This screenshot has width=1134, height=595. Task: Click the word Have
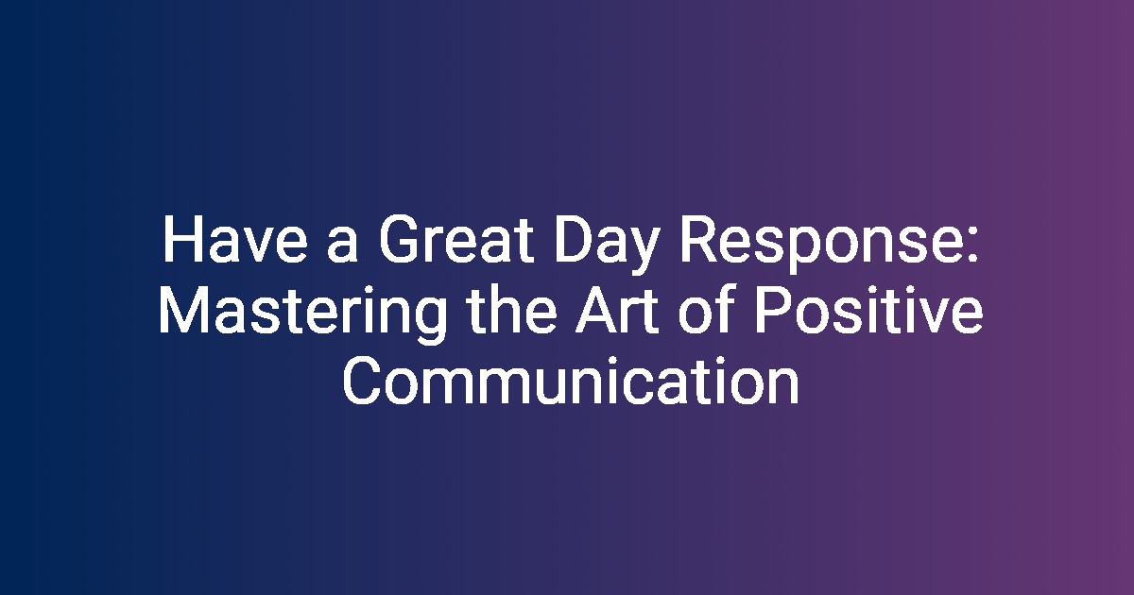point(235,239)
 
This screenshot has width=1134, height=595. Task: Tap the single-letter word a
point(343,246)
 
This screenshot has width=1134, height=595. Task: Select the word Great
point(456,239)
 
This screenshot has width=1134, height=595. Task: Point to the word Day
point(607,246)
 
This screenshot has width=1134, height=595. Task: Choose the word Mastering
point(302,315)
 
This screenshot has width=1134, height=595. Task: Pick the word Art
point(617,310)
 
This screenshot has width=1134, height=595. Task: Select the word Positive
point(868,310)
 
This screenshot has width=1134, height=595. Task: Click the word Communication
point(571,381)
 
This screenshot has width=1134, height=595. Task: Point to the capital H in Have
point(180,239)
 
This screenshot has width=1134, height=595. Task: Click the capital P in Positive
point(772,310)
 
